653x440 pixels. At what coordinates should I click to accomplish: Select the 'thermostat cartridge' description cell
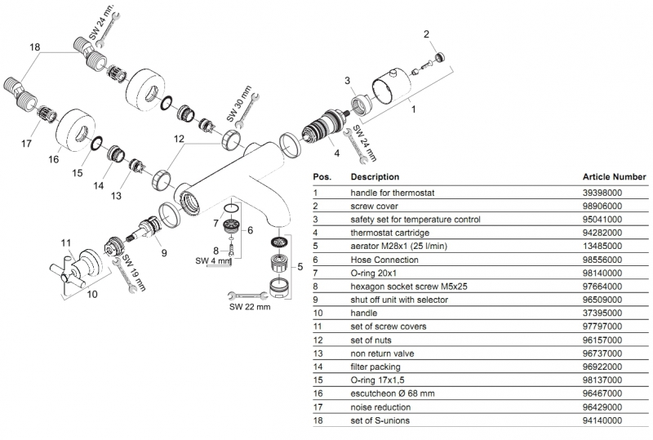(x=387, y=232)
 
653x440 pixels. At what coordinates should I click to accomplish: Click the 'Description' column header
(x=375, y=176)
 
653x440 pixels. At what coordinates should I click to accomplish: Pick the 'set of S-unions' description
(x=380, y=420)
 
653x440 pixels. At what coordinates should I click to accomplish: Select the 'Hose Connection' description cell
(x=381, y=259)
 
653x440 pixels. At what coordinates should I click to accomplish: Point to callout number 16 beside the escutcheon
(x=54, y=160)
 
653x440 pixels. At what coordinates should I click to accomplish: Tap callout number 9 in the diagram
(x=163, y=253)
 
